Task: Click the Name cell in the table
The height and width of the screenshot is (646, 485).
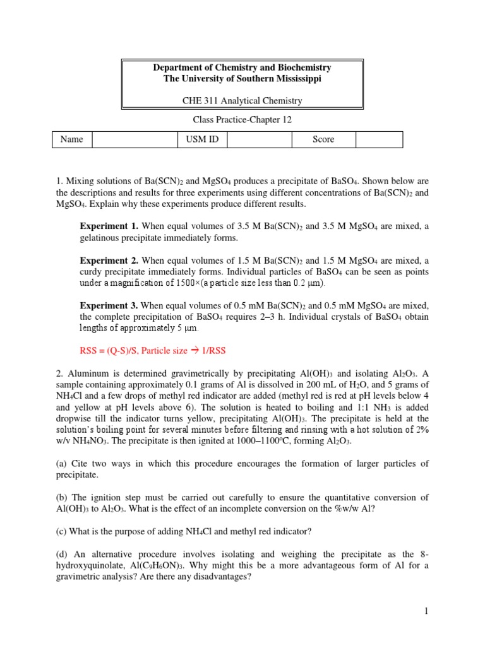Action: pos(72,139)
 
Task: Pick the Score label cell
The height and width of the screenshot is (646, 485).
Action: pos(323,139)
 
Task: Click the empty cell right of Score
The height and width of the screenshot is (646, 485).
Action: pos(378,139)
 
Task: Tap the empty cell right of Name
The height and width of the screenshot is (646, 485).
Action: pos(135,139)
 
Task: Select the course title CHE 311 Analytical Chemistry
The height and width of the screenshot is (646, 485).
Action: pos(242,100)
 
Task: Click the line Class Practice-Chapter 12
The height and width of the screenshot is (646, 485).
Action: pos(242,120)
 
